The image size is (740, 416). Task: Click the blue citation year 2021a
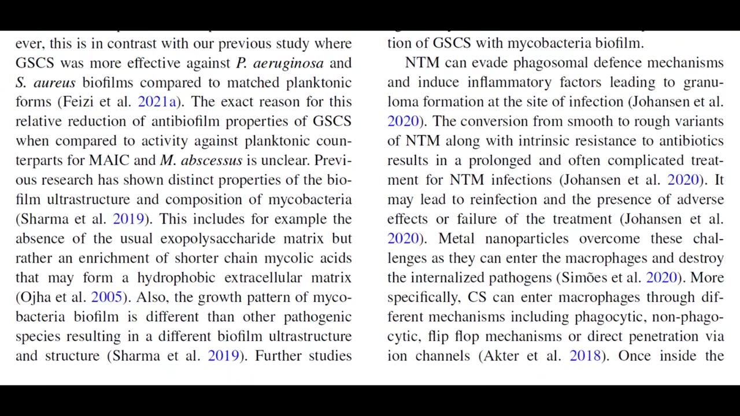(x=157, y=102)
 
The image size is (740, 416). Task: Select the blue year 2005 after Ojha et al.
(x=106, y=297)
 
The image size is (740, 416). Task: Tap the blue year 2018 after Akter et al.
(x=585, y=355)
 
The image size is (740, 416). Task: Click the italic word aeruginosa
(x=288, y=63)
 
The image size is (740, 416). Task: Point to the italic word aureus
(x=54, y=83)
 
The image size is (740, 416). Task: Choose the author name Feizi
(x=78, y=102)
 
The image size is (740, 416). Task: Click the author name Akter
(x=501, y=355)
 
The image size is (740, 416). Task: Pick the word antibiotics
(x=691, y=141)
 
